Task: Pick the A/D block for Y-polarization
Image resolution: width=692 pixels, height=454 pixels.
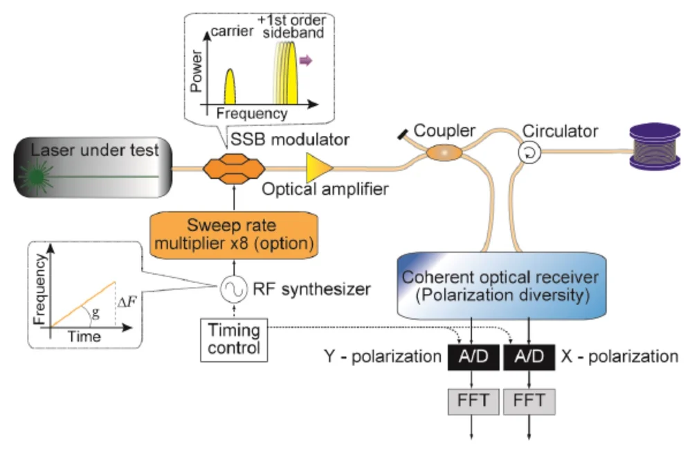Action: [x=472, y=357]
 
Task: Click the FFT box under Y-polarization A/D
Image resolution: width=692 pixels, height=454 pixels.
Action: [x=472, y=400]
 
